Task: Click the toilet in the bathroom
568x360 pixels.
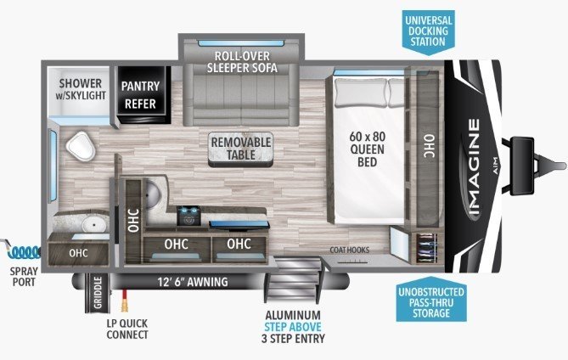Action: [81, 146]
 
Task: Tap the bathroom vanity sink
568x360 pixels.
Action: [94, 224]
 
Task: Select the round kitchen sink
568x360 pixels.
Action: [153, 194]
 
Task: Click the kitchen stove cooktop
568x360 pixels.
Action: [188, 215]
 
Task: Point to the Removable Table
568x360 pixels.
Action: [241, 149]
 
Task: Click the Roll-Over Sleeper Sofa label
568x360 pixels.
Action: [242, 62]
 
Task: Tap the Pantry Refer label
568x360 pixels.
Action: [141, 95]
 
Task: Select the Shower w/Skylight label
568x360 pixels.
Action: [81, 89]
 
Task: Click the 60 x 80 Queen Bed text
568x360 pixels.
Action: [368, 149]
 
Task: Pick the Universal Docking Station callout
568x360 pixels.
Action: [428, 32]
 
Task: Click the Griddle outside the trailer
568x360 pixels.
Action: [98, 293]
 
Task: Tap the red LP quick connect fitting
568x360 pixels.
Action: [125, 301]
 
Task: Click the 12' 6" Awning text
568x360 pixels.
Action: [193, 282]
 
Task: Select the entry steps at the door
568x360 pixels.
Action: [294, 278]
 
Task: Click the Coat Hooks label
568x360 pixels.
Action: [350, 250]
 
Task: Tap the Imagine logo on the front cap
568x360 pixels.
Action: [475, 167]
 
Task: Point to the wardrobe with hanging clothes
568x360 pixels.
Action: [426, 248]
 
